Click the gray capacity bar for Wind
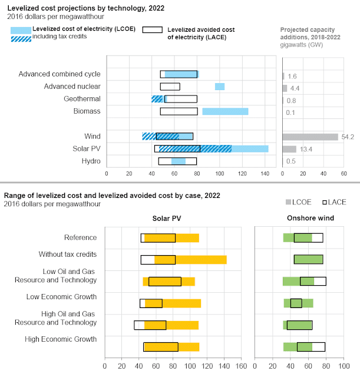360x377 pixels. click(x=310, y=137)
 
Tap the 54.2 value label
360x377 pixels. click(x=348, y=137)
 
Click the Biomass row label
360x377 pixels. click(x=87, y=111)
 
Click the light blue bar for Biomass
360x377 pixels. click(x=225, y=111)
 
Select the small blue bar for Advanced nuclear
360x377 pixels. click(x=219, y=87)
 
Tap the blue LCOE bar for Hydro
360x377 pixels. click(x=178, y=161)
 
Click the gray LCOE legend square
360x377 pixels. click(x=289, y=202)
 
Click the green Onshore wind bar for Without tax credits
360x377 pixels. click(x=308, y=259)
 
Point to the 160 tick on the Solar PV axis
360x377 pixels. click(x=240, y=364)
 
